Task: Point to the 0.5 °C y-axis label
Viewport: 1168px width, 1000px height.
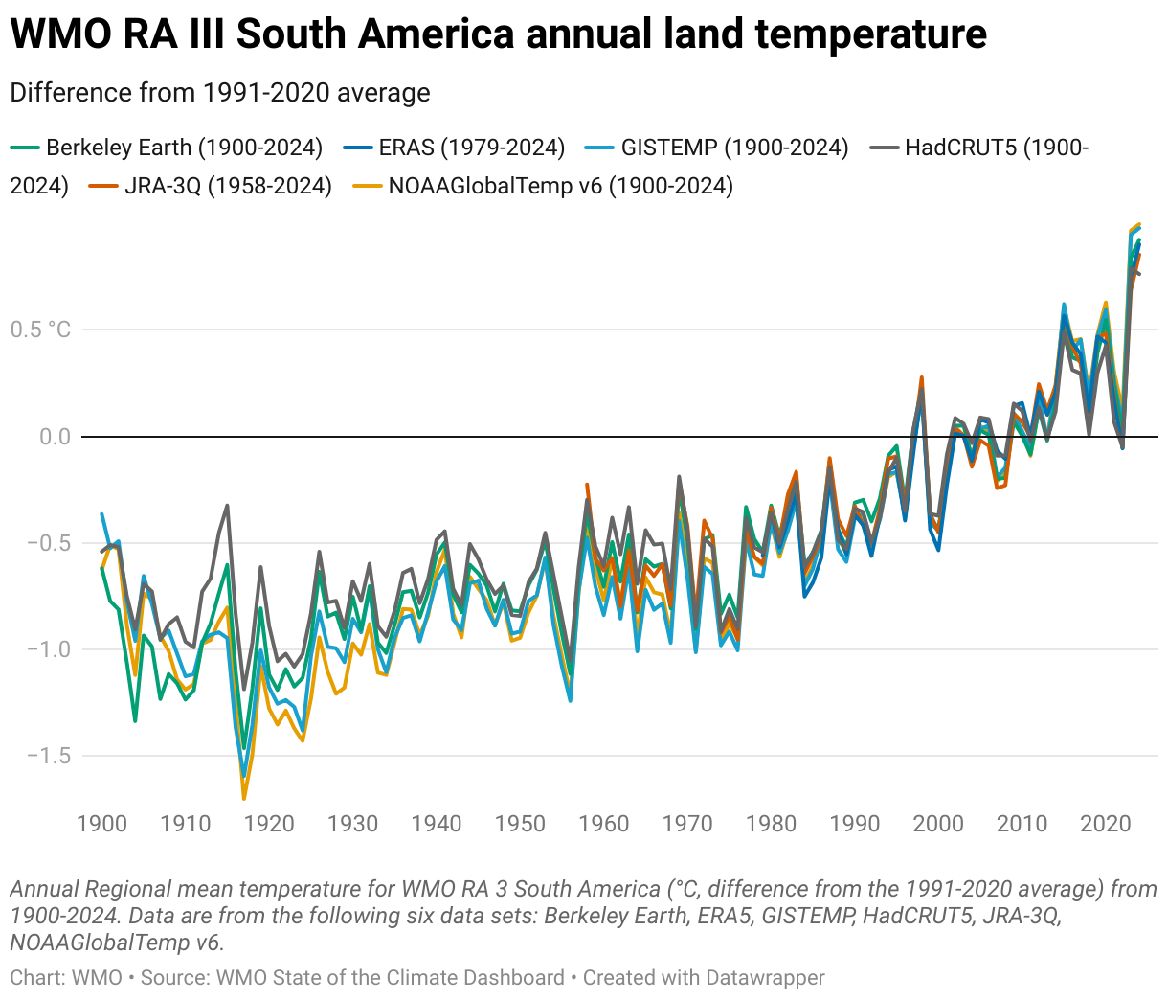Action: coord(41,330)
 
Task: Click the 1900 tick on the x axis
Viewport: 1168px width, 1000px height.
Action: coord(101,824)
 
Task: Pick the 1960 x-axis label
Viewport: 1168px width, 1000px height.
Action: coord(604,824)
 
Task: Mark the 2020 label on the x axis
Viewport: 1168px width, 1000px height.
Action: coord(1106,824)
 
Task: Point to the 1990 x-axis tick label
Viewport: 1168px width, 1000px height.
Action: coord(855,824)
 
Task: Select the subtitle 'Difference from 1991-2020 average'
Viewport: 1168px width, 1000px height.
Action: coord(220,93)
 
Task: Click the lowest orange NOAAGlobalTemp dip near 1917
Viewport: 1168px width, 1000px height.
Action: coord(244,797)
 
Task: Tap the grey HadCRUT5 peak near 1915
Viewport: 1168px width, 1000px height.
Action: coord(227,506)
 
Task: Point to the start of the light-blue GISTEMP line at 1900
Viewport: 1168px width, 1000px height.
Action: coord(102,514)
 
